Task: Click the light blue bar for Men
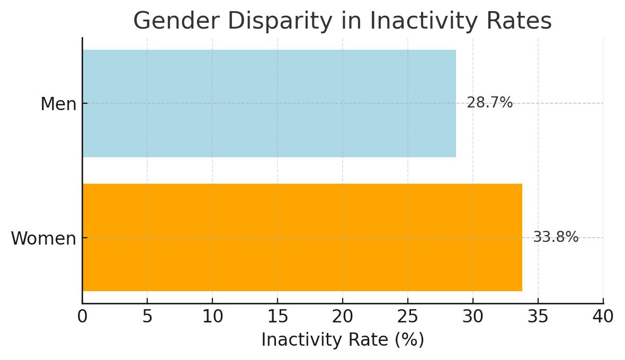[269, 103]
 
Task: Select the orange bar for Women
[302, 237]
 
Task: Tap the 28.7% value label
[489, 103]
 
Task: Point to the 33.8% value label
[556, 237]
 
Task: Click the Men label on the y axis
[58, 104]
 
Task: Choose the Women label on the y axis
[43, 239]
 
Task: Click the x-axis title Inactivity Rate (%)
[343, 340]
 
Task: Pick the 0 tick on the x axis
[82, 317]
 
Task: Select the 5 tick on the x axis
[147, 317]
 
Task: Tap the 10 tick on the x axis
[212, 317]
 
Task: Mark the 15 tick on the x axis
[278, 317]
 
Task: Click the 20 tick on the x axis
[343, 317]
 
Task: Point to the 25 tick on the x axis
[408, 317]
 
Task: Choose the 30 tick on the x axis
[473, 317]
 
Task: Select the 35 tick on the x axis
[538, 317]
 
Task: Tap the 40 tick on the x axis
[603, 317]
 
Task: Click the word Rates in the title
[520, 22]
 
